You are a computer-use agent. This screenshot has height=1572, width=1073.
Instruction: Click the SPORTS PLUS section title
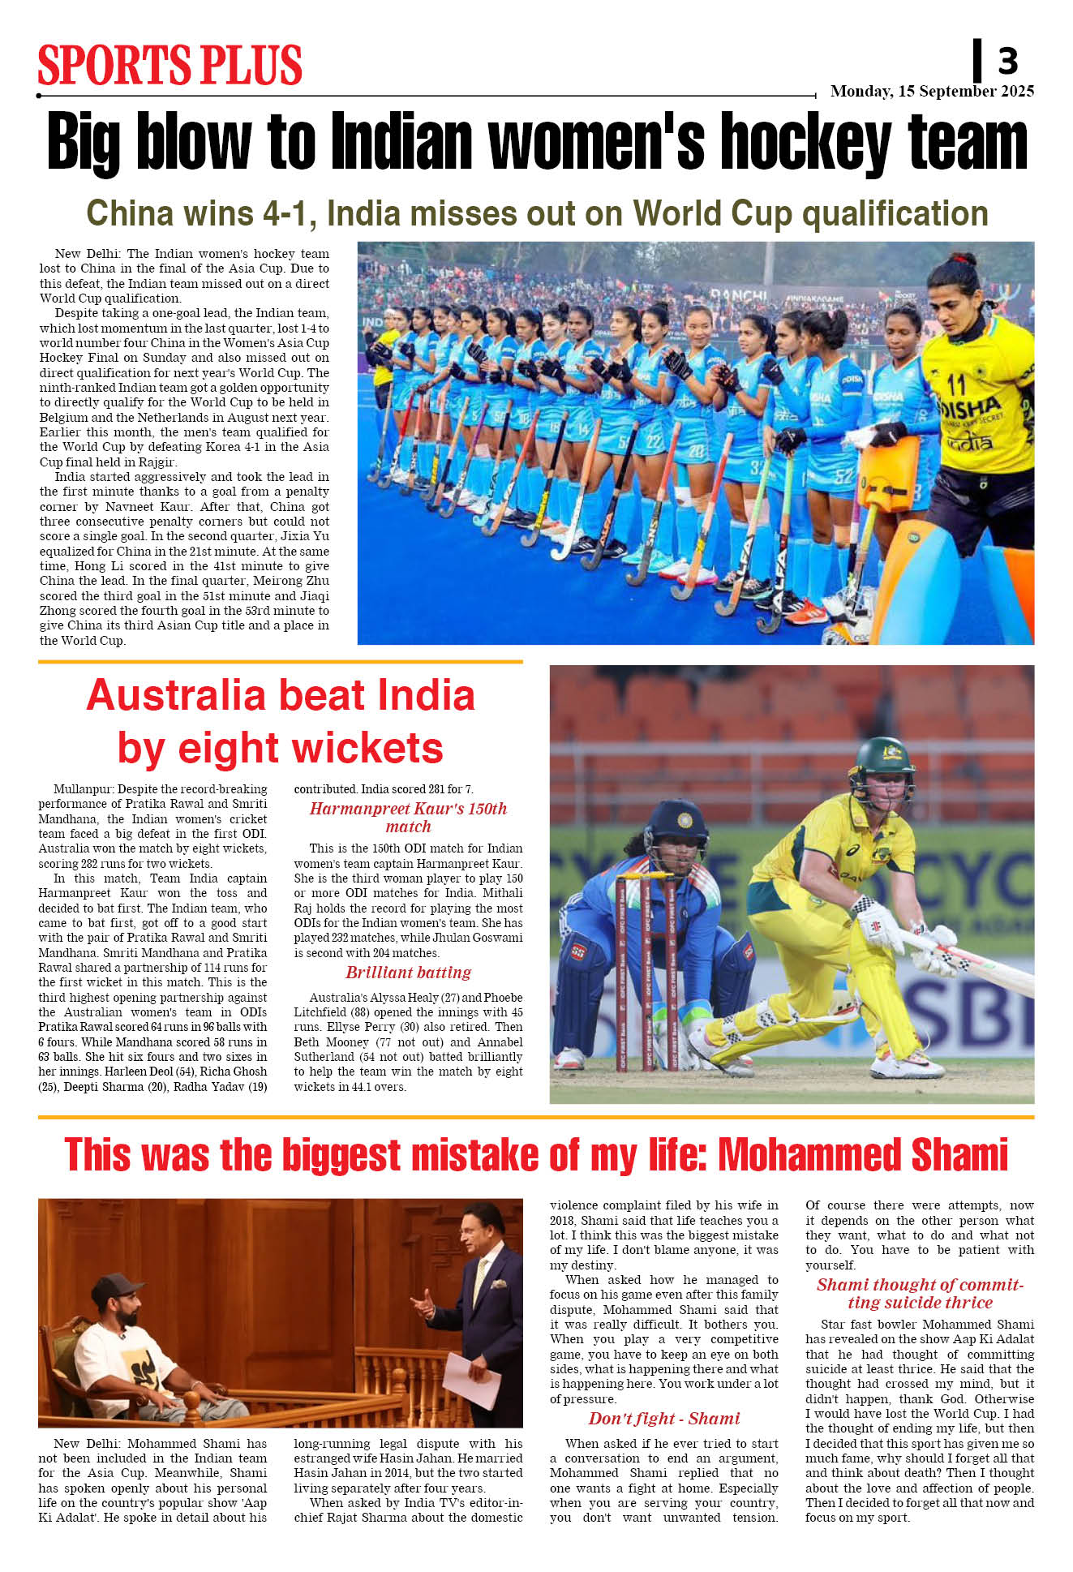coord(170,65)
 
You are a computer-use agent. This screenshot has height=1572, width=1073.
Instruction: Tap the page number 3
coord(1007,61)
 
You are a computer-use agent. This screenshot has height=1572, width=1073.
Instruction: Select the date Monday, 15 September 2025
coord(932,91)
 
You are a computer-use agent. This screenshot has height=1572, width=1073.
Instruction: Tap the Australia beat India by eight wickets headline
coord(281,721)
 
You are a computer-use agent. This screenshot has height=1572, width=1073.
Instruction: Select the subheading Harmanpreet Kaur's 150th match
coord(408,817)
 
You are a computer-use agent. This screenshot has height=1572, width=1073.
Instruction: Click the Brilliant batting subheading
coord(408,972)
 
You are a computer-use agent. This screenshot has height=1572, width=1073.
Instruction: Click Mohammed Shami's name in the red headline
coord(863,1155)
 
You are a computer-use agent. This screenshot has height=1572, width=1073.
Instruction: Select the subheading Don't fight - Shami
coord(663,1418)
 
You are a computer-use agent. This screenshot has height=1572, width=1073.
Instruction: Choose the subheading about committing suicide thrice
coord(920,1293)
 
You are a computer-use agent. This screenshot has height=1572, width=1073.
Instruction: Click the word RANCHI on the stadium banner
coord(738,295)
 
